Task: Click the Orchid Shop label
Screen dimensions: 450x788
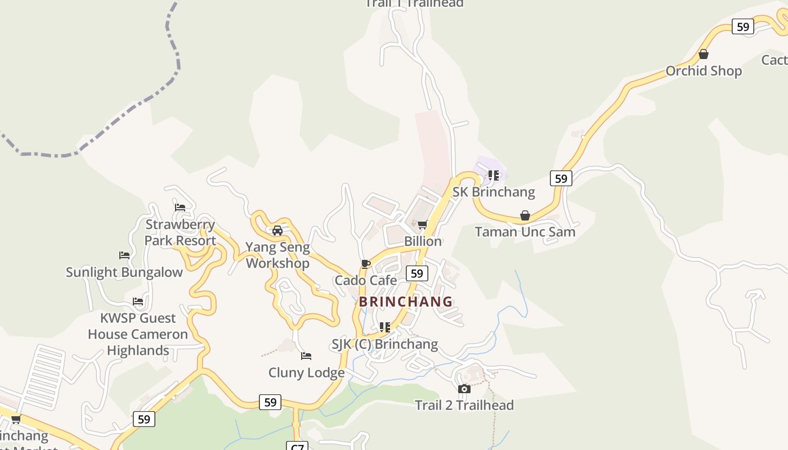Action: pyautogui.click(x=704, y=71)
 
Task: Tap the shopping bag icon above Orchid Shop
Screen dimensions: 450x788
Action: pyautogui.click(x=703, y=55)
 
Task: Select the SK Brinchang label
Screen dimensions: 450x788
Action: pyautogui.click(x=494, y=192)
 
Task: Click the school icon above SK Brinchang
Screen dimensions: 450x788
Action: pyautogui.click(x=494, y=175)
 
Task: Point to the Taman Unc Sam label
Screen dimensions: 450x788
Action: pyautogui.click(x=525, y=232)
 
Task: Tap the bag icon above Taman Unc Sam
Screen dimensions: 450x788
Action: pyautogui.click(x=525, y=215)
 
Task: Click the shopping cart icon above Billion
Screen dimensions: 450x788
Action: pyautogui.click(x=423, y=225)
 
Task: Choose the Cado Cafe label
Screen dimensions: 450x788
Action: pyautogui.click(x=366, y=280)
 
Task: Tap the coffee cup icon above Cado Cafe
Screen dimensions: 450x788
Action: pyautogui.click(x=366, y=264)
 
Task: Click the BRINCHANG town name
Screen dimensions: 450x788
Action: pyautogui.click(x=406, y=301)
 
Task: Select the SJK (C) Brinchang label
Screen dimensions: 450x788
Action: pyautogui.click(x=385, y=344)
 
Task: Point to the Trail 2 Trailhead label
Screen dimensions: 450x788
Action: pyautogui.click(x=464, y=405)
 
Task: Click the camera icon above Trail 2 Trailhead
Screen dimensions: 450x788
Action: pyautogui.click(x=464, y=389)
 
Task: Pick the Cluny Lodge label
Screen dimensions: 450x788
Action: pyautogui.click(x=307, y=372)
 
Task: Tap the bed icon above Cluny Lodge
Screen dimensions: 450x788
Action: pyautogui.click(x=306, y=356)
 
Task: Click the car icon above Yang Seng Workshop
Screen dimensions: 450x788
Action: pyautogui.click(x=277, y=231)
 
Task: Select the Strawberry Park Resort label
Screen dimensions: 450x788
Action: pyautogui.click(x=180, y=232)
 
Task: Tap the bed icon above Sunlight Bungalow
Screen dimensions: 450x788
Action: pyautogui.click(x=124, y=255)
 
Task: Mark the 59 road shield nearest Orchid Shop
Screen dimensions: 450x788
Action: pyautogui.click(x=743, y=26)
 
